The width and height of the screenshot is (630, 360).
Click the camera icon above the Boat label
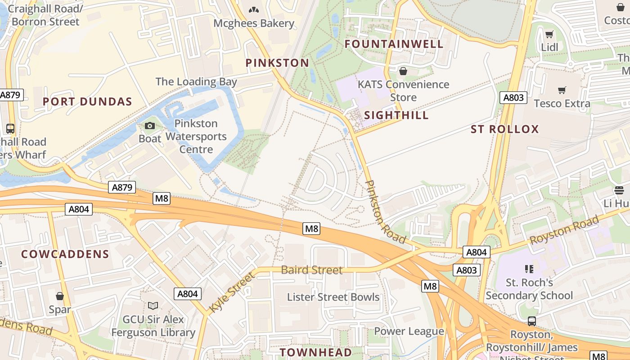(150, 126)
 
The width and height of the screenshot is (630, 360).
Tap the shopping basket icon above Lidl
(549, 35)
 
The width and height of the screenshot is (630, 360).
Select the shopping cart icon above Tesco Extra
(562, 90)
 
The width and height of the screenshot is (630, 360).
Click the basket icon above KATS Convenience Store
(403, 71)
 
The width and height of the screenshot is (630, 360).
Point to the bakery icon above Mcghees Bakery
(254, 10)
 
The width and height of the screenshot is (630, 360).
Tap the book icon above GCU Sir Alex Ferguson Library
(153, 306)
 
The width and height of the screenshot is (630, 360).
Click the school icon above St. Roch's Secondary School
(529, 269)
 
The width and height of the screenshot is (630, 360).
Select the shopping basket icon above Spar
(59, 296)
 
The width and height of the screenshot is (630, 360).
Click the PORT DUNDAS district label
(87, 102)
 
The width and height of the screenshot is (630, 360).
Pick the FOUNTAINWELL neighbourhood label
(394, 44)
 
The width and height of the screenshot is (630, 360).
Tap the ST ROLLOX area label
(504, 130)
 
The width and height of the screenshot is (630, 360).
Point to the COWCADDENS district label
(65, 254)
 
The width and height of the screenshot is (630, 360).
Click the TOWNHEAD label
(315, 352)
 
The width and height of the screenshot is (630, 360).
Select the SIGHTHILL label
(396, 115)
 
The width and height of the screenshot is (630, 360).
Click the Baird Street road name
(312, 270)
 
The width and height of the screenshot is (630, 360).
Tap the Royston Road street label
(564, 230)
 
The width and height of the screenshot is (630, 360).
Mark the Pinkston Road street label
(386, 211)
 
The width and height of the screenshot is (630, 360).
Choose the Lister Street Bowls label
(333, 297)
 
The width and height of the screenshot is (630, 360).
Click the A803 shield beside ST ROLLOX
(513, 98)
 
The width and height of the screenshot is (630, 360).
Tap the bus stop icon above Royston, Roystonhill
(531, 321)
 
